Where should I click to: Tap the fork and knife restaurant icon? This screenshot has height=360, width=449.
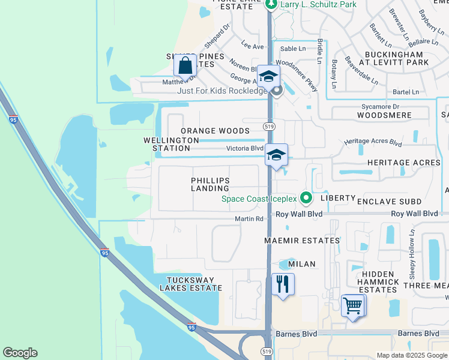click(283, 284)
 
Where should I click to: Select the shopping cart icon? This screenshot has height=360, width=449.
click(353, 306)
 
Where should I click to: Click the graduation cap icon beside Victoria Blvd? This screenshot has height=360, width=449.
click(276, 155)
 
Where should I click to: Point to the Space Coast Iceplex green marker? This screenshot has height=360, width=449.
click(306, 197)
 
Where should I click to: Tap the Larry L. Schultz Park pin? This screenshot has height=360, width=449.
click(271, 5)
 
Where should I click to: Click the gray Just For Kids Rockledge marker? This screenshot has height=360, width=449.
click(277, 91)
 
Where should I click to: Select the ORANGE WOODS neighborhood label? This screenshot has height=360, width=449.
click(215, 131)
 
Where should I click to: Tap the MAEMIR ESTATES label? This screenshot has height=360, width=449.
click(302, 241)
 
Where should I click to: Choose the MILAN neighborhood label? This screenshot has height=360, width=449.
click(302, 264)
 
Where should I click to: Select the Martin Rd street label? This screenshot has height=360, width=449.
click(249, 218)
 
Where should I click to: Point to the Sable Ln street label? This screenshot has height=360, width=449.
click(293, 49)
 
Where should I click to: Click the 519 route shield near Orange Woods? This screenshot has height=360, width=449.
click(269, 126)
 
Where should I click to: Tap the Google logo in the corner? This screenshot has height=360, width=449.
click(20, 353)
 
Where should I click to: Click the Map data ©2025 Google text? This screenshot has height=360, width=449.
click(411, 355)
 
